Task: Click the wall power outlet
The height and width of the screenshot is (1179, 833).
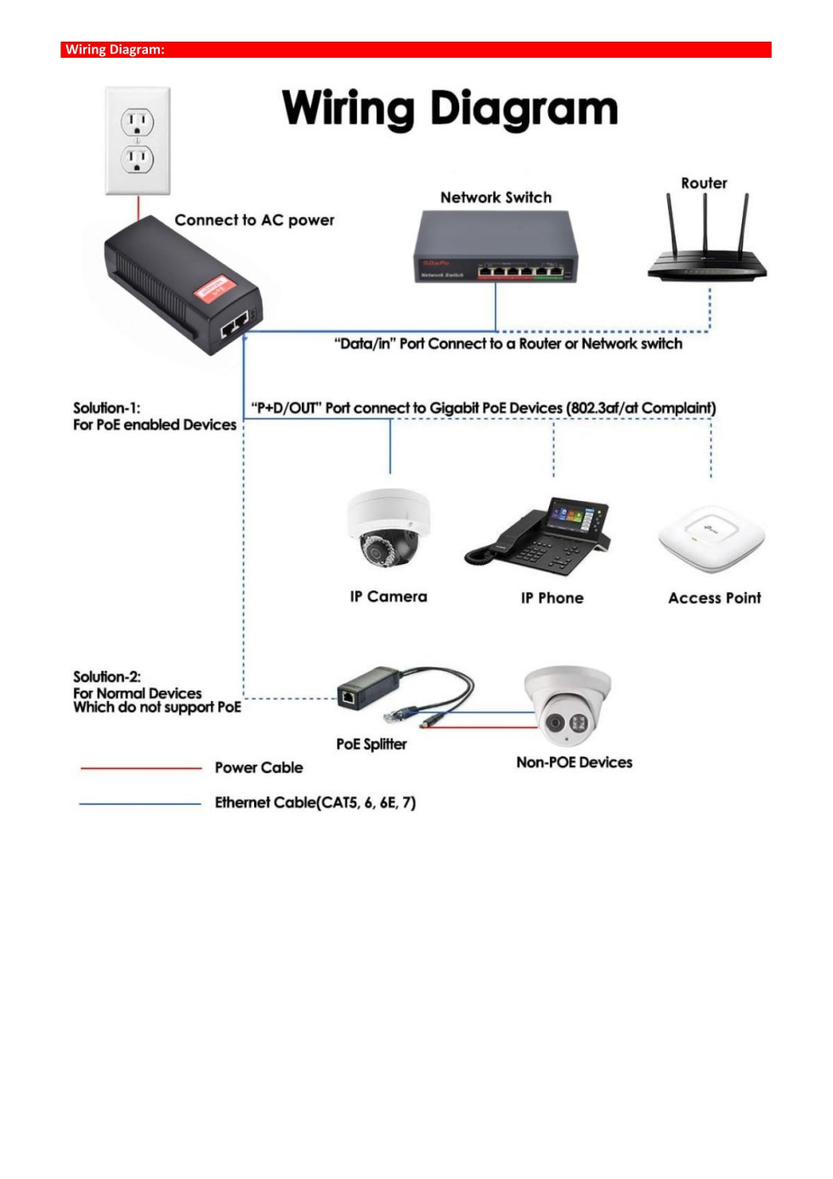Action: point(138,140)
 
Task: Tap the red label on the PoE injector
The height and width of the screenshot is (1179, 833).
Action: point(213,288)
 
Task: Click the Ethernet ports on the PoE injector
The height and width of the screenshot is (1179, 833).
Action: point(235,323)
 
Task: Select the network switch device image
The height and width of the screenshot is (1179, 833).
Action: point(496,247)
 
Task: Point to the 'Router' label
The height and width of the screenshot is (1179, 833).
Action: point(704,183)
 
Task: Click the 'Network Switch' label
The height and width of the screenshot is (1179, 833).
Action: point(496,197)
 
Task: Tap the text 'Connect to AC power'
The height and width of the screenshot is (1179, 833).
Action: point(254,220)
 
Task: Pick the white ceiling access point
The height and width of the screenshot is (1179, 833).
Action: point(711,538)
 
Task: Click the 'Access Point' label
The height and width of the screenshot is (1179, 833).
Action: point(714,598)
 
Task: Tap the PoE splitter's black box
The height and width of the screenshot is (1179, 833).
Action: point(368,687)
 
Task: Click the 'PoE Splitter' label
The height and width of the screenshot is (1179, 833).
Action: point(371,744)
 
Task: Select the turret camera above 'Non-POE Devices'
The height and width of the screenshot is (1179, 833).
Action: point(568,705)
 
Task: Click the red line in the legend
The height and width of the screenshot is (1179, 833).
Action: point(140,768)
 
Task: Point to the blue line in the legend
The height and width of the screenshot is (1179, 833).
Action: point(140,803)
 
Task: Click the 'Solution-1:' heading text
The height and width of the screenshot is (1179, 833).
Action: point(106,408)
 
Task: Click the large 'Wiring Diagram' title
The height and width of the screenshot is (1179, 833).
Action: point(450,109)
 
